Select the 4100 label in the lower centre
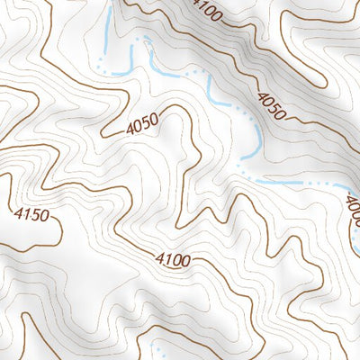click(172, 261)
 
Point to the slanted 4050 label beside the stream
click(271, 106)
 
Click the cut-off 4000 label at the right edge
click(352, 212)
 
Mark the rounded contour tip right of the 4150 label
click(60, 231)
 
